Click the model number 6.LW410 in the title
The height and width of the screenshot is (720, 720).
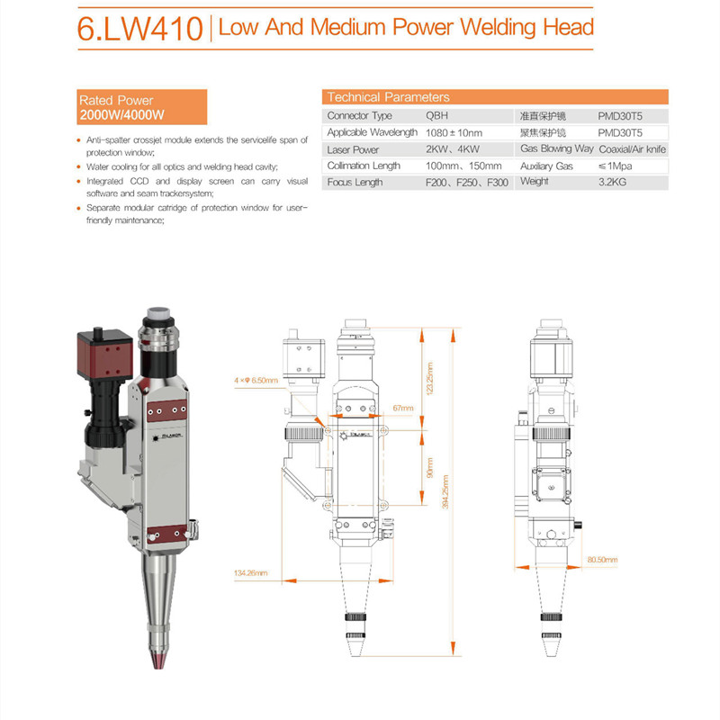139,30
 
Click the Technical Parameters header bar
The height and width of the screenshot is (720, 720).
494,97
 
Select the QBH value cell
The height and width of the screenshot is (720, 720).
436,116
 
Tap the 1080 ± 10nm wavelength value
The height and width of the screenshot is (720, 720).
454,132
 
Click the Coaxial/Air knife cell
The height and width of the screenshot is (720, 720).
632,149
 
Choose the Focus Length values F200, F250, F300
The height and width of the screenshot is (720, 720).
466,183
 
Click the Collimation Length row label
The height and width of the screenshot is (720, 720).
364,166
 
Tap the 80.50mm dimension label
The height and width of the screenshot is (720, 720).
601,560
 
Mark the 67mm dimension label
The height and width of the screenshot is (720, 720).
402,408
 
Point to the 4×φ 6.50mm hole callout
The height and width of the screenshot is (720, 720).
256,381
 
